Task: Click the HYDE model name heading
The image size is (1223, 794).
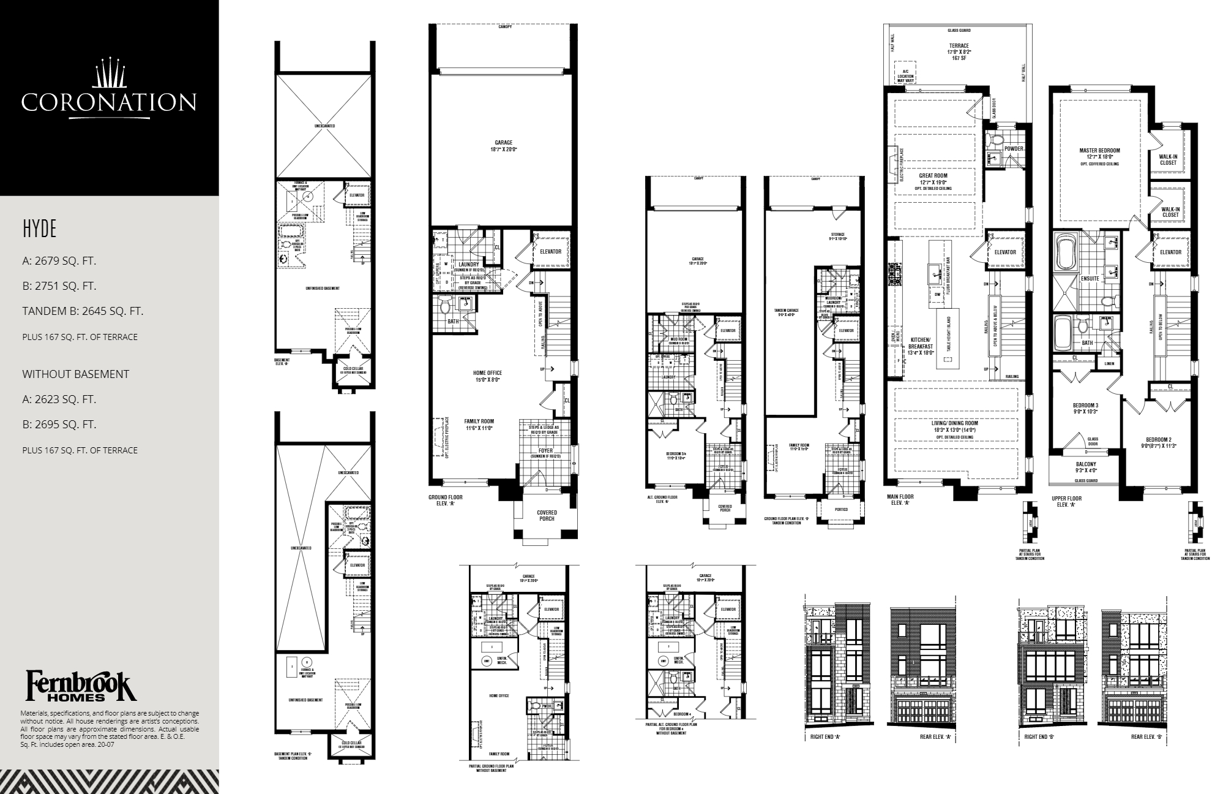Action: click(39, 229)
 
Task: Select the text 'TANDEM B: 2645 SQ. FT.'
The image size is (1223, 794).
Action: click(83, 311)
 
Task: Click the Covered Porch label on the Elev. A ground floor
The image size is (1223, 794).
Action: click(547, 515)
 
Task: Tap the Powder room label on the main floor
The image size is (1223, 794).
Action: click(1013, 149)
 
